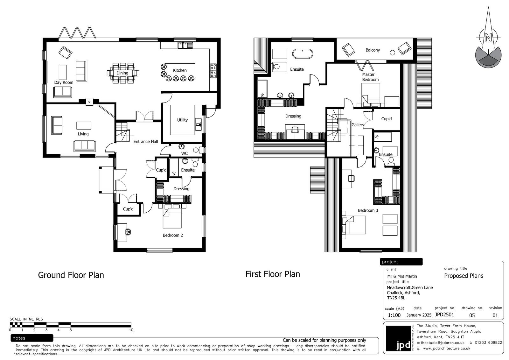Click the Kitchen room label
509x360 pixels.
(x=180, y=70)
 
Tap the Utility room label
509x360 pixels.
(x=183, y=120)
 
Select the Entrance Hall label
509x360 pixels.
(x=146, y=141)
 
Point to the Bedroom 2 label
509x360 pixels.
(x=173, y=235)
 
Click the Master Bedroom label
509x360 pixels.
(x=370, y=77)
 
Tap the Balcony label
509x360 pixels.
(x=373, y=50)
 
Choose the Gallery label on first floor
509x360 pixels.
(x=358, y=125)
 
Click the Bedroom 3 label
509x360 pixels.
(x=368, y=211)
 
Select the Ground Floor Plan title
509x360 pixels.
(x=71, y=275)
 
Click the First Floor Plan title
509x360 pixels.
(x=273, y=274)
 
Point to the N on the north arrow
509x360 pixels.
(x=488, y=37)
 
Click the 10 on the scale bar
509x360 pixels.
(x=131, y=330)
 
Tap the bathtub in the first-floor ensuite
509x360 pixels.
(x=303, y=54)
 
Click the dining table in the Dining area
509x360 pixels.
(x=123, y=73)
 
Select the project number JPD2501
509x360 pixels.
(x=444, y=315)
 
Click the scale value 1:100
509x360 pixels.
(x=394, y=315)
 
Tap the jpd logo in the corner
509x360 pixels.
(x=399, y=338)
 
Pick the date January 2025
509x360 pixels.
(x=419, y=315)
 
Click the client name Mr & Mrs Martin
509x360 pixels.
(x=402, y=276)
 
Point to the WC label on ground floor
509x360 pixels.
(x=185, y=153)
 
